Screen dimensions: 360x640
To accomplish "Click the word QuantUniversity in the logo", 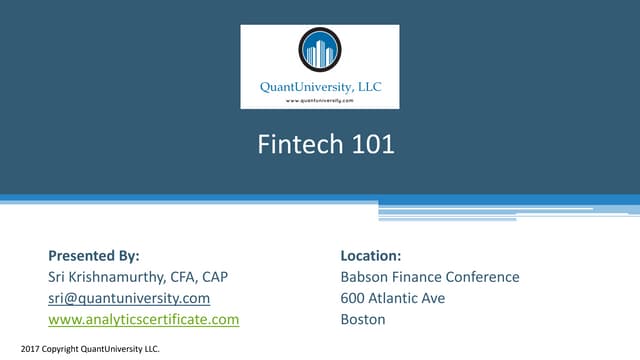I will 304,86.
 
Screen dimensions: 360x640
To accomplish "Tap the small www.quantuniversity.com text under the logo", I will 320,101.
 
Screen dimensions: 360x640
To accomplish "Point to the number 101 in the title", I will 373,146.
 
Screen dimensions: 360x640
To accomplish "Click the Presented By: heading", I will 94,255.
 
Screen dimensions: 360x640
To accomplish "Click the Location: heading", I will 371,255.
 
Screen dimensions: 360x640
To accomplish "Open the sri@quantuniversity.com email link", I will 129,298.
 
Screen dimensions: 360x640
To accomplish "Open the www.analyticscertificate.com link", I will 144,320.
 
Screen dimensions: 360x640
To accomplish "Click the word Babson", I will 367,277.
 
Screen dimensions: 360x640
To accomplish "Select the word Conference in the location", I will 484,277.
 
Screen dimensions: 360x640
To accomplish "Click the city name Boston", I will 363,320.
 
